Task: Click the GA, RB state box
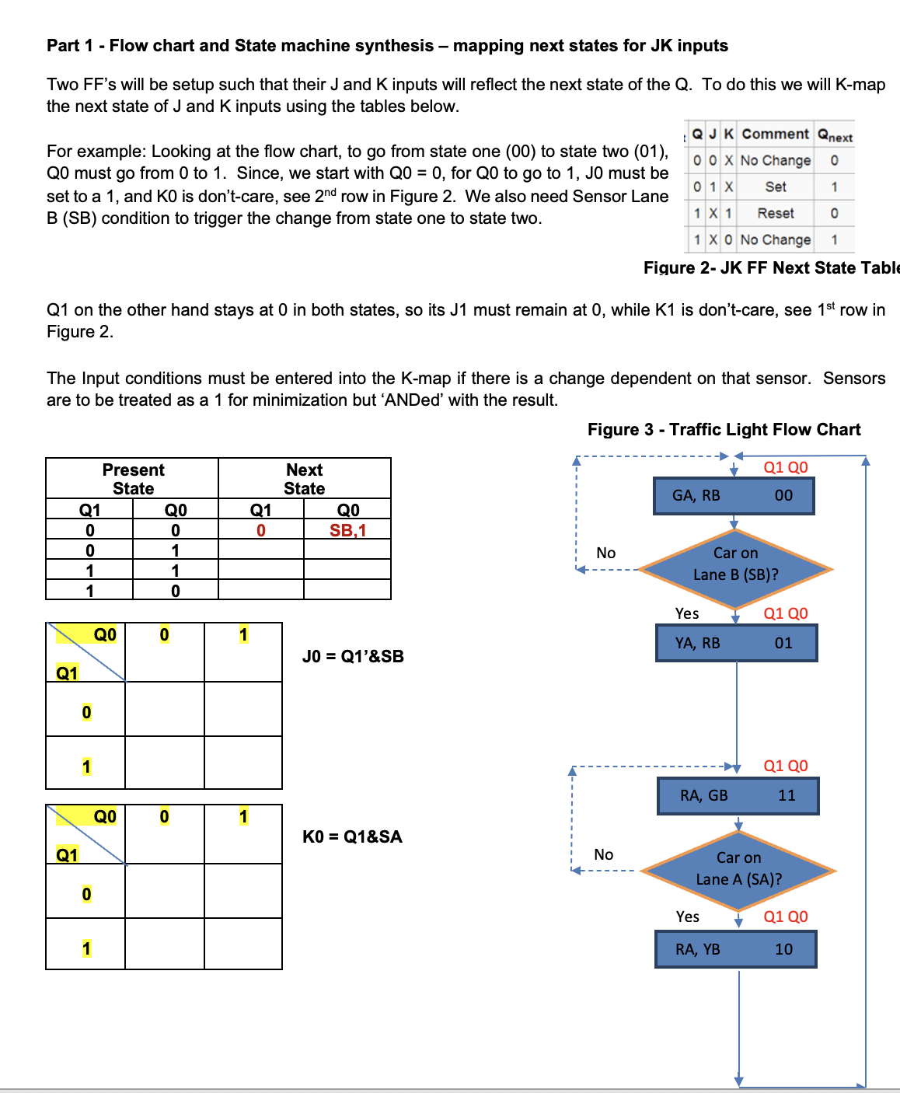734,496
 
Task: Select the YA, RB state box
736,644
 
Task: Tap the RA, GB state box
738,795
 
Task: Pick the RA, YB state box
735,949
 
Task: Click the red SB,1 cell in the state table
347,530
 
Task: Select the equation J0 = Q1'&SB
353,656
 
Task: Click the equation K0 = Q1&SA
352,836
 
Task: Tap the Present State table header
133,479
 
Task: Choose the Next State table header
304,479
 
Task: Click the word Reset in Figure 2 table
775,213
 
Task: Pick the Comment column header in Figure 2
775,134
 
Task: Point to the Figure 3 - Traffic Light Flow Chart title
724,430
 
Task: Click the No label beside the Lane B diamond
605,553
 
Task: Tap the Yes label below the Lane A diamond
687,917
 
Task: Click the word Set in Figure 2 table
775,187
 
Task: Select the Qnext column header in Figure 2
834,135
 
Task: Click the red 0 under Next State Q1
261,530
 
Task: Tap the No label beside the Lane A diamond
603,854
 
